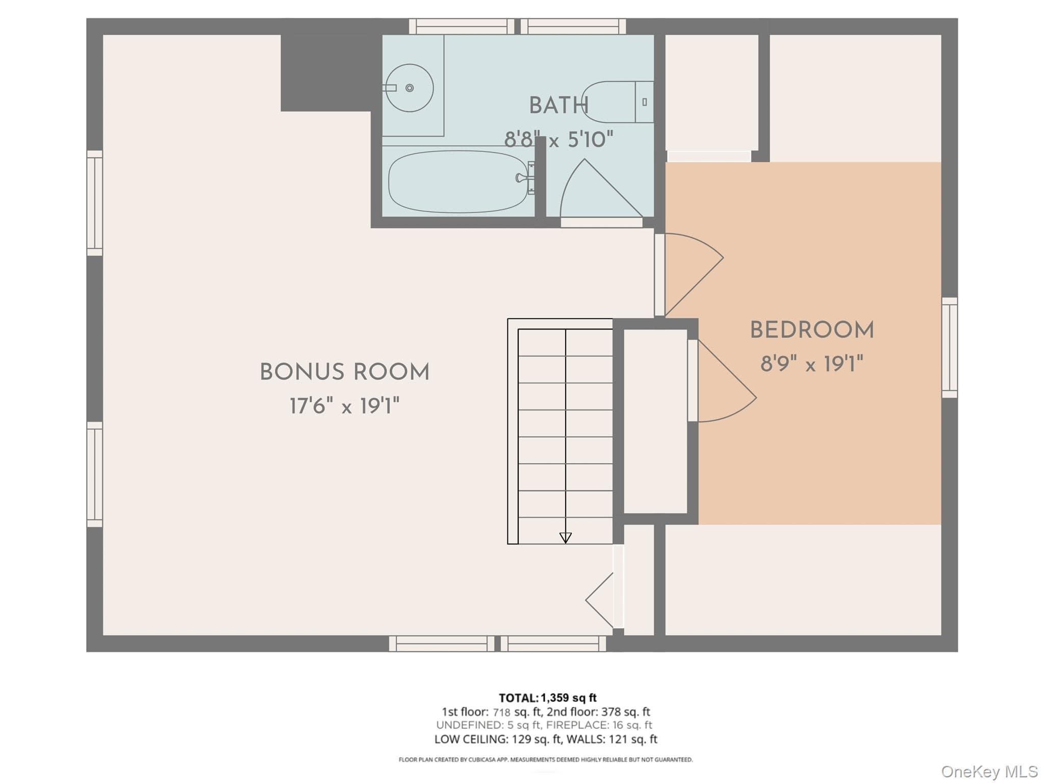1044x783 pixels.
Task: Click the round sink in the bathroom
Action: click(409, 88)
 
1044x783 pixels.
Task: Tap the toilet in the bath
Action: click(618, 102)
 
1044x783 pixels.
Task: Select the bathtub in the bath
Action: click(459, 182)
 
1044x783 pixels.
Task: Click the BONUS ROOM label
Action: click(345, 372)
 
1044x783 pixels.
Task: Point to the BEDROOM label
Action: click(812, 330)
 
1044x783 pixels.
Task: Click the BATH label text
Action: click(559, 106)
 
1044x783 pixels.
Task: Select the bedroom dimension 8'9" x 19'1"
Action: click(812, 364)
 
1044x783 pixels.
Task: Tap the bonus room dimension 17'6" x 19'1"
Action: click(345, 407)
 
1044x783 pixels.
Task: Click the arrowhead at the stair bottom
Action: click(566, 538)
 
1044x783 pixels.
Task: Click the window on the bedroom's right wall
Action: click(949, 347)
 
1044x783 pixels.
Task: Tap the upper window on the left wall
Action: click(94, 203)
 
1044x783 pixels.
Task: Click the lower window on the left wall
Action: click(94, 474)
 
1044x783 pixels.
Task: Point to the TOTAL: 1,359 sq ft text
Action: click(548, 698)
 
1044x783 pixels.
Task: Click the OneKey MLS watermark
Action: click(989, 771)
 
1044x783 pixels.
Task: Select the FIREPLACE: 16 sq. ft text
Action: click(599, 725)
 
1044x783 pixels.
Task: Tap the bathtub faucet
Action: click(524, 178)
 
